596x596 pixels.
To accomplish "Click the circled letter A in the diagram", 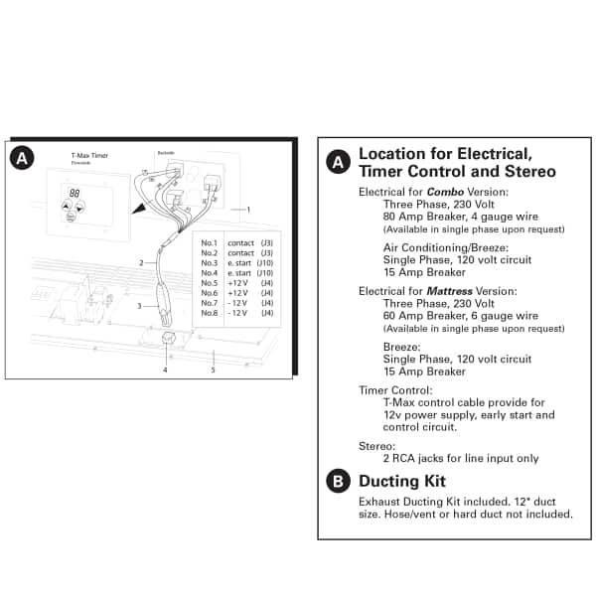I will click(22, 157).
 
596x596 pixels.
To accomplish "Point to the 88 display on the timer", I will click(74, 193).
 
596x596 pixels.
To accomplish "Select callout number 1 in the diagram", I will click(249, 210).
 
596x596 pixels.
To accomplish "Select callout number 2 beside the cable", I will click(142, 263).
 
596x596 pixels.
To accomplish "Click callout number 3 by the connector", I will click(140, 306).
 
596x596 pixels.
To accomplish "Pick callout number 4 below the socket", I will click(165, 370).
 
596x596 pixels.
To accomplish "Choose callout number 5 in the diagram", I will click(213, 370).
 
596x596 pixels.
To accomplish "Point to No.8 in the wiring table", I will click(209, 313).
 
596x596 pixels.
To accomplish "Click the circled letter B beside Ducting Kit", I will click(338, 482).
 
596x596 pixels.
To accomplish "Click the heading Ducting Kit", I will click(401, 482).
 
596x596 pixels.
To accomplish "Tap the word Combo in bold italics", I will click(445, 191).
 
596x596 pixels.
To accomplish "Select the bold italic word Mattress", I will click(451, 291).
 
